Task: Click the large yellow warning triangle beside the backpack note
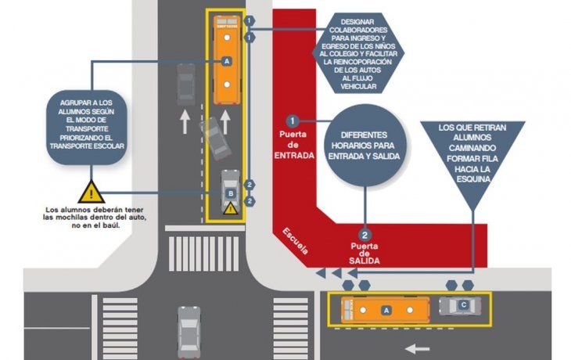[92, 193]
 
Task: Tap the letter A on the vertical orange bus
[227, 61]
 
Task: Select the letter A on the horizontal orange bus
[386, 310]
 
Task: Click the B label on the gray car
[231, 193]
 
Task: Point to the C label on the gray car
[464, 304]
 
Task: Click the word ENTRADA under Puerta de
[294, 156]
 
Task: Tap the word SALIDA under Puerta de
[365, 261]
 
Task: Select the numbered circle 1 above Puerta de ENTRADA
[292, 121]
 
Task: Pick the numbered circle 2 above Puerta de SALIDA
[365, 235]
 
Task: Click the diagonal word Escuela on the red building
[296, 242]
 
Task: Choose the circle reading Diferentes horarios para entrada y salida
[365, 146]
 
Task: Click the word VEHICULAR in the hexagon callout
[358, 87]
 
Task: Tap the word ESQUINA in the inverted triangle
[473, 179]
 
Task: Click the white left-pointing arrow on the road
[418, 349]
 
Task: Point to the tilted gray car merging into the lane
[216, 139]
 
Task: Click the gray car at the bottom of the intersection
[189, 333]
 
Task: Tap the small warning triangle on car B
[230, 209]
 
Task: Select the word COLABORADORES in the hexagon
[358, 30]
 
